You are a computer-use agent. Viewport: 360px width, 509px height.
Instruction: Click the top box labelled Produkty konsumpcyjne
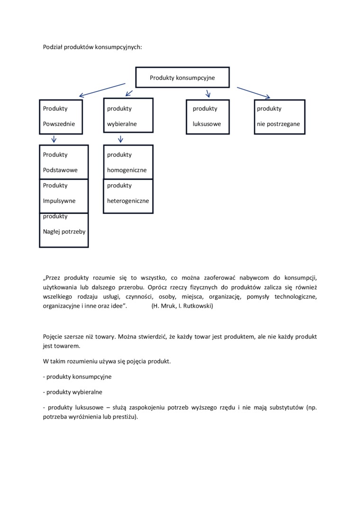(x=182, y=78)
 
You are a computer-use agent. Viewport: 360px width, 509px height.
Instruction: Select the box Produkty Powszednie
(x=61, y=116)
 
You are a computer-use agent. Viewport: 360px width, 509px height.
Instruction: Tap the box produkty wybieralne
(x=128, y=116)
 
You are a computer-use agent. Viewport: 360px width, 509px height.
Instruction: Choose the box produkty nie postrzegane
(x=279, y=116)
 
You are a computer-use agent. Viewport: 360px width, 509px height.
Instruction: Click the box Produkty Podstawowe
(x=64, y=162)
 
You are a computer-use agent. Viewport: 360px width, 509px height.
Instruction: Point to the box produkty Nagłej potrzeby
(x=64, y=230)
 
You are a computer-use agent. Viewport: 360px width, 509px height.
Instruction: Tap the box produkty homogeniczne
(x=128, y=162)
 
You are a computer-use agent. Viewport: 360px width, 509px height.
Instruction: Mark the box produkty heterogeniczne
(x=128, y=196)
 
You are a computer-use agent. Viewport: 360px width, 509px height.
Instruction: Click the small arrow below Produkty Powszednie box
(x=54, y=139)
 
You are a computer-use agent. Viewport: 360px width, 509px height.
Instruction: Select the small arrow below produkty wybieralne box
(x=121, y=139)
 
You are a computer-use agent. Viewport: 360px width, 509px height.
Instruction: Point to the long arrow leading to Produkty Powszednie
(x=102, y=90)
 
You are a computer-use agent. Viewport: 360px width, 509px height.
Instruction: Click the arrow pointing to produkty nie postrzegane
(x=253, y=93)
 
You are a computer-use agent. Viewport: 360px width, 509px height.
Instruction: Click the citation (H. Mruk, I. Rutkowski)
(x=182, y=306)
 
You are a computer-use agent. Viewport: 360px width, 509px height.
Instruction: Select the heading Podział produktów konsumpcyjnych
(x=92, y=47)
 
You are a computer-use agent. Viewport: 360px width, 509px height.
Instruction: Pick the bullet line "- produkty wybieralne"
(x=72, y=392)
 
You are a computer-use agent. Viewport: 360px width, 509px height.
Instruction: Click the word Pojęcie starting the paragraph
(x=54, y=337)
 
